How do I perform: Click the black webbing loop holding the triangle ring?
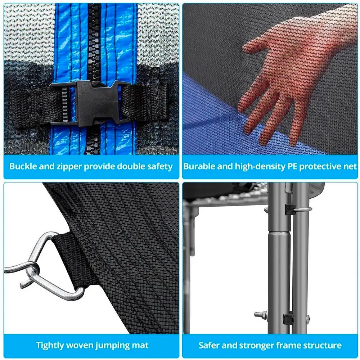tap(71, 257)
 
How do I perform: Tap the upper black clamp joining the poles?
tap(290, 209)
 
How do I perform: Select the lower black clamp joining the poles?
tap(288, 318)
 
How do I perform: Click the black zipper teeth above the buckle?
tap(94, 41)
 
